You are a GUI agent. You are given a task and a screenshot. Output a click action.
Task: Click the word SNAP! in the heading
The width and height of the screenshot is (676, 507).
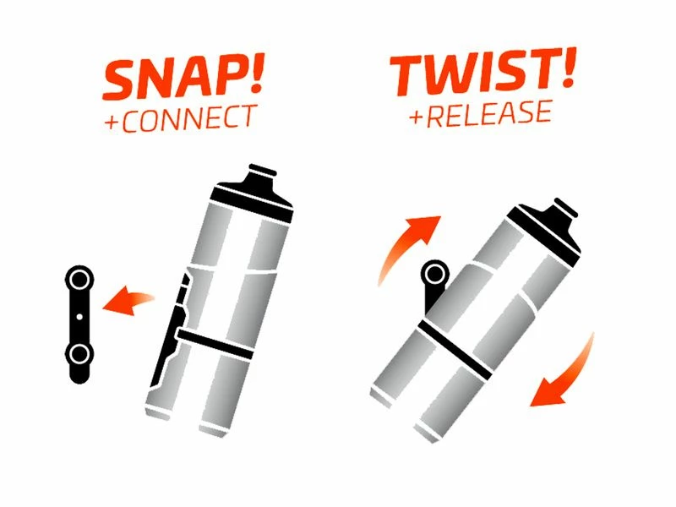pyautogui.click(x=177, y=79)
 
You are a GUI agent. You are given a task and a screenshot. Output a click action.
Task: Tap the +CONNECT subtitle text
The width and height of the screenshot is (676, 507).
pyautogui.click(x=179, y=117)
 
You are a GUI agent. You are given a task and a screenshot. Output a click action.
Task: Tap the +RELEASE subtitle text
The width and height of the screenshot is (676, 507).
pyautogui.click(x=481, y=112)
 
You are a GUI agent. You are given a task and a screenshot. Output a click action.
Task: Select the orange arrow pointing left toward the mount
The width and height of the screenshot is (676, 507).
pyautogui.click(x=127, y=300)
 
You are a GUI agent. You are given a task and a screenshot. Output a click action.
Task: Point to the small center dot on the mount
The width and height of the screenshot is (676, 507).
pyautogui.click(x=80, y=316)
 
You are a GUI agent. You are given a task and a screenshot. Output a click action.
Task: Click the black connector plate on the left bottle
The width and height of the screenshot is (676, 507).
pyautogui.click(x=173, y=330)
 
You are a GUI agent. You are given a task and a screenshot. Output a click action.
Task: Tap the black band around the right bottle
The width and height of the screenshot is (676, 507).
pyautogui.click(x=456, y=346)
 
